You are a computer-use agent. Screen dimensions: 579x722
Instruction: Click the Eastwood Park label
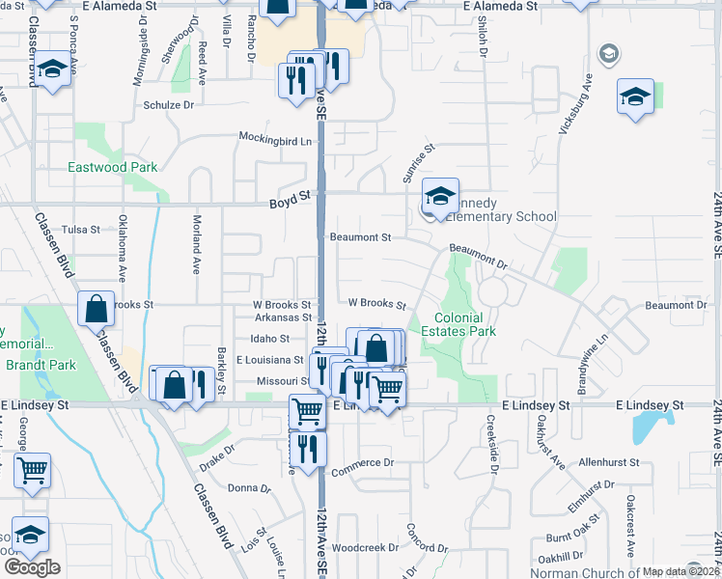click(x=112, y=167)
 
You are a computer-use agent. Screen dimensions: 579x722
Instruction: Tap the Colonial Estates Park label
click(x=464, y=324)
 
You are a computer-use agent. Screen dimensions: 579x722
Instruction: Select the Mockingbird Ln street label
click(x=277, y=140)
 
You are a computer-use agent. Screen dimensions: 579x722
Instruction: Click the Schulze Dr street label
click(x=169, y=105)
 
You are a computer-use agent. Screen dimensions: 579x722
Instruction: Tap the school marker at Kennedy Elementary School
click(x=440, y=199)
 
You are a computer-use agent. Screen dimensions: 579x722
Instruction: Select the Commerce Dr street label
click(x=363, y=463)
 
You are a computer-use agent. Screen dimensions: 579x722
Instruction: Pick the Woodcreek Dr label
click(x=365, y=547)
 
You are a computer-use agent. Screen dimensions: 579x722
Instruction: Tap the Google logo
click(x=32, y=567)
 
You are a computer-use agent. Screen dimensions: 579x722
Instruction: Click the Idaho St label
click(x=270, y=339)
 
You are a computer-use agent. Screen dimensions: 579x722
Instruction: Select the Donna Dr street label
click(x=248, y=488)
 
